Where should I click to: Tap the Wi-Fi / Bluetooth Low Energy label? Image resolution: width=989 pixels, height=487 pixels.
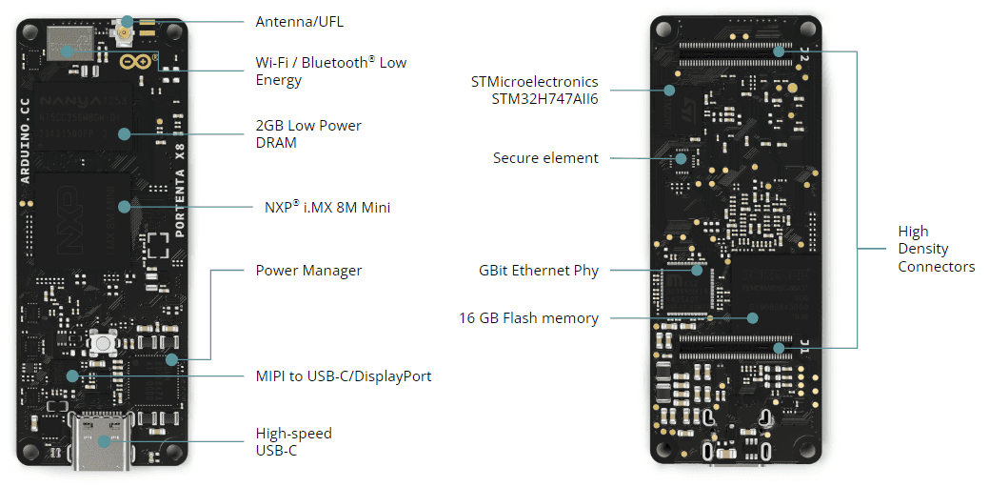tap(330, 71)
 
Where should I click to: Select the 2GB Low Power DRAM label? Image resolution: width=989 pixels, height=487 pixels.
tap(308, 134)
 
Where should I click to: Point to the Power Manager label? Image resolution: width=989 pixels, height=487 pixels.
tap(308, 271)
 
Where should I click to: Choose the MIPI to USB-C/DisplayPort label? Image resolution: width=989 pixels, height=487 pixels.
tap(343, 376)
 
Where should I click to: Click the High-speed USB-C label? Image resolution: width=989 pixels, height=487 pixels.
tap(293, 441)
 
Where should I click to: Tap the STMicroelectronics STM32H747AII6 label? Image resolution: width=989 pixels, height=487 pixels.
tap(534, 90)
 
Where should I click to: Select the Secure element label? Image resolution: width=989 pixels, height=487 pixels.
tap(545, 158)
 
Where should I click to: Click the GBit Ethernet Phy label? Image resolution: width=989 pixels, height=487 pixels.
tap(539, 271)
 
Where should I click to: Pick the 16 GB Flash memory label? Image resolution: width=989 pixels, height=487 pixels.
tap(528, 318)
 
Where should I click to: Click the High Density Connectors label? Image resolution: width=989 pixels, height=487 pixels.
tap(936, 249)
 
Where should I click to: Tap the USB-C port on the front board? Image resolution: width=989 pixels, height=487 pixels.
tap(103, 439)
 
